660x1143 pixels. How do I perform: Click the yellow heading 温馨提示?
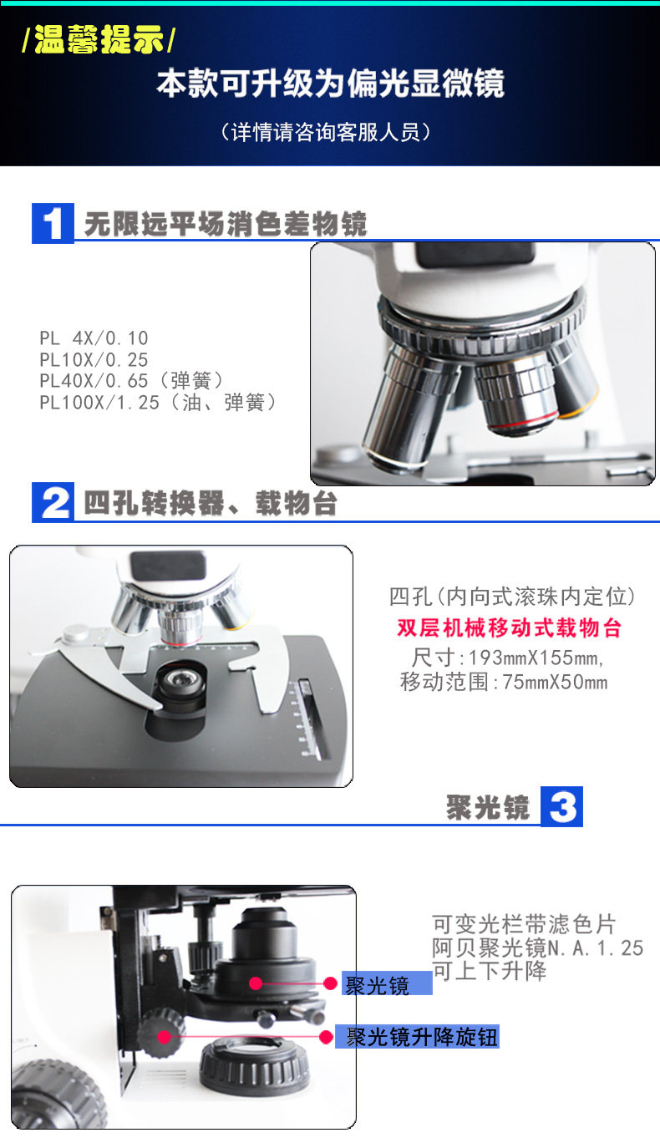tap(99, 39)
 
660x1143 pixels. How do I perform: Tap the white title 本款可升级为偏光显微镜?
tap(331, 84)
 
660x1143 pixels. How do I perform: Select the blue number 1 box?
tap(53, 223)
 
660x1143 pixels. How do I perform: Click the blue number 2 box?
tap(53, 502)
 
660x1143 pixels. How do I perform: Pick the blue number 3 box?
tap(561, 806)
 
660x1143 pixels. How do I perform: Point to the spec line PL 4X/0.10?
tap(94, 338)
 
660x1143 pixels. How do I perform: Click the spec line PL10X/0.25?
tap(94, 360)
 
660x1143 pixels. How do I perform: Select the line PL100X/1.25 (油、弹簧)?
tap(158, 403)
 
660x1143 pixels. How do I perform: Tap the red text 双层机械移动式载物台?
tap(509, 627)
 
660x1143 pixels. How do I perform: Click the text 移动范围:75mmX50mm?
tap(504, 682)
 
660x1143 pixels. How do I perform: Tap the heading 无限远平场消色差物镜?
tap(226, 223)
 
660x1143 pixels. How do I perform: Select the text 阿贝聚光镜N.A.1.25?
tap(537, 948)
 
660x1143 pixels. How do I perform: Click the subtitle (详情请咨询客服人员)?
tap(327, 132)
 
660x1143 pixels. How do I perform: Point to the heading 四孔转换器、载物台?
tap(211, 503)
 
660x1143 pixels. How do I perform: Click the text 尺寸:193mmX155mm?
tap(508, 658)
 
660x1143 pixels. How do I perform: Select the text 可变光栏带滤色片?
tap(524, 924)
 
